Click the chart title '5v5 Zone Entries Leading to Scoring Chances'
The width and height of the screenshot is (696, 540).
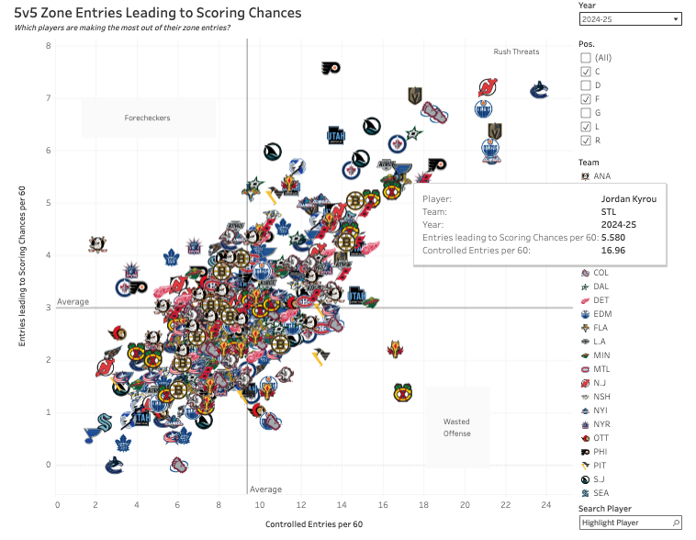158,13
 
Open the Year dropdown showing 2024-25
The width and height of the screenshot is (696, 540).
630,18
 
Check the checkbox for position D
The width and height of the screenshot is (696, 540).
586,85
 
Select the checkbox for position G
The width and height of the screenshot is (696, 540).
586,113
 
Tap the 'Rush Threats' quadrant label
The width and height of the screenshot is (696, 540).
516,51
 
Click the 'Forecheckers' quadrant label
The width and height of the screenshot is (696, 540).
148,118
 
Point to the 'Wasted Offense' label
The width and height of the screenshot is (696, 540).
456,427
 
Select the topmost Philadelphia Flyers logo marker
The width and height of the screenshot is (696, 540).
331,68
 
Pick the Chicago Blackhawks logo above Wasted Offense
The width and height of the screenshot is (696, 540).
402,392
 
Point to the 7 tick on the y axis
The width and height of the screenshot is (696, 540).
48,98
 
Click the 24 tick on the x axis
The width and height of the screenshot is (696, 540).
544,504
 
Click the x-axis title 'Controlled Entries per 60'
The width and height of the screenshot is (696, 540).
314,524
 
